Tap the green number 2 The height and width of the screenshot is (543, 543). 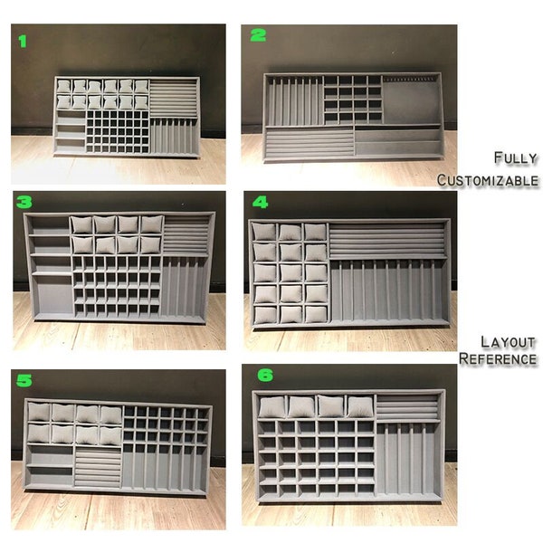pos(259,36)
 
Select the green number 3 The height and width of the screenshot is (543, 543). pos(24,203)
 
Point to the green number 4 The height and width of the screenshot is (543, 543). pos(260,203)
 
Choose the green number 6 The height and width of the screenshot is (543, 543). pos(262,373)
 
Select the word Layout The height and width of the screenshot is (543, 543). pos(509,342)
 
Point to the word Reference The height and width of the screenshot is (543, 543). pos(498,359)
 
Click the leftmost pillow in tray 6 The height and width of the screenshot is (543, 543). pos(271,406)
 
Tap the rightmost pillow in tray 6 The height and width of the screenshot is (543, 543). pos(359,406)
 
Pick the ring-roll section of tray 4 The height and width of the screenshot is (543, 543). pos(386,240)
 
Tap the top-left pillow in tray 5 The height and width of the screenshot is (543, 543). pos(39,413)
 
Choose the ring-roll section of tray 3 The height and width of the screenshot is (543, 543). pos(187,233)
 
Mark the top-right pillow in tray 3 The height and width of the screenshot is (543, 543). pos(151,224)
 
